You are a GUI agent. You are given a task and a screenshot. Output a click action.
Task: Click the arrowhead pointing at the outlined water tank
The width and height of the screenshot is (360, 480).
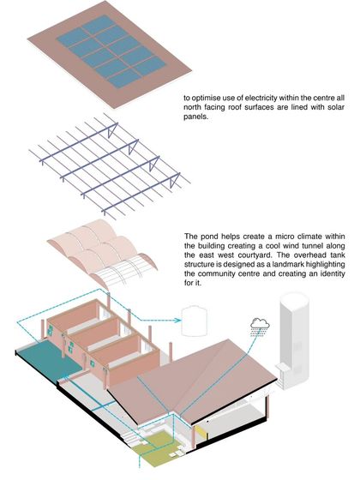pyautogui.click(x=177, y=323)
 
